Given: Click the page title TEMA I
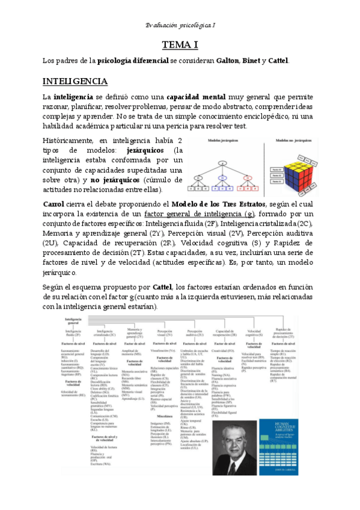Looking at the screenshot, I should click(180, 45).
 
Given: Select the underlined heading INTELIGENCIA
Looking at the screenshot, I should click(75, 81).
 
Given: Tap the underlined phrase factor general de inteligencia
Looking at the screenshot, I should click(206, 214).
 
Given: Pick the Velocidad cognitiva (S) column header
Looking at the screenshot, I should click(255, 333).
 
